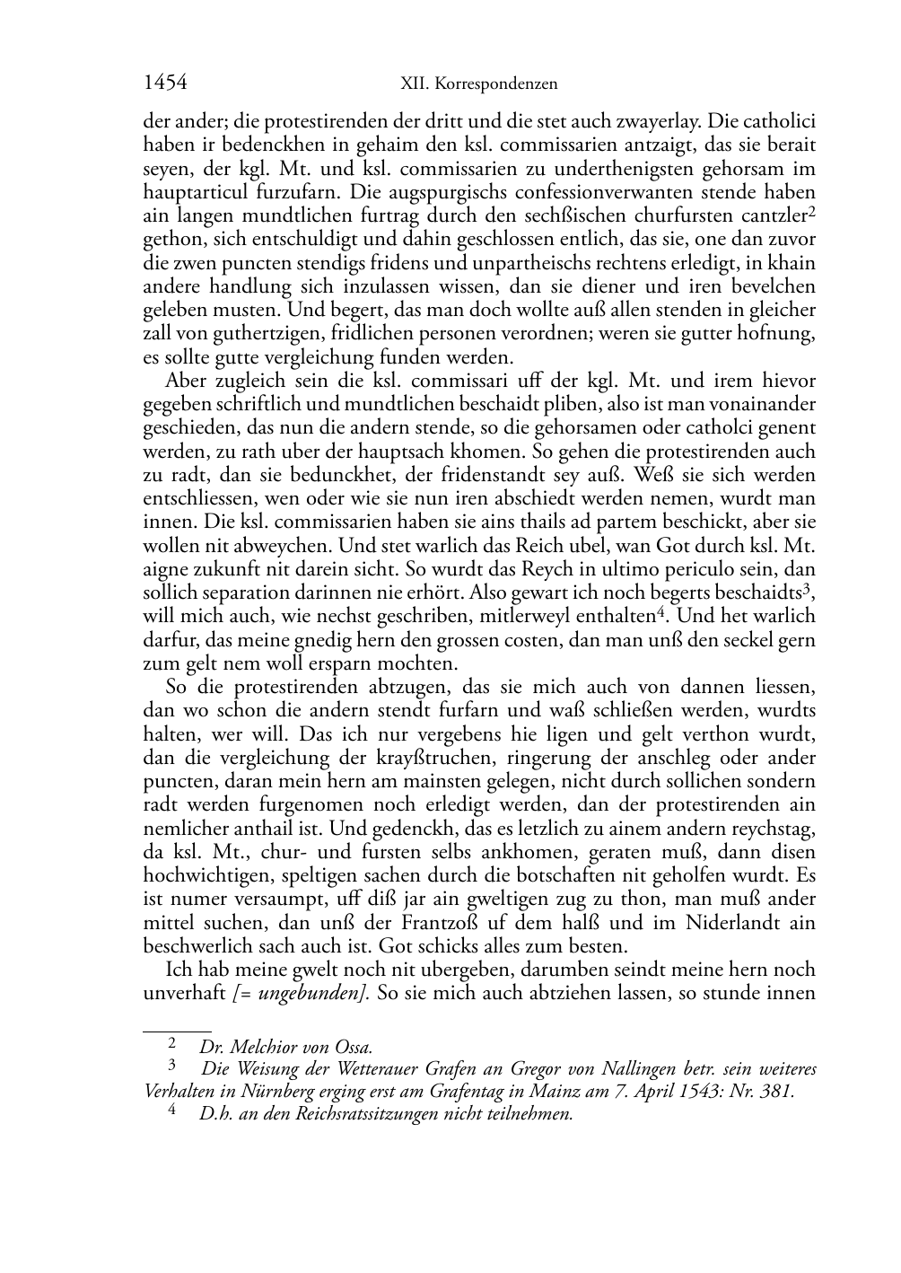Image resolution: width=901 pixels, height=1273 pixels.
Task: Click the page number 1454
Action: tap(165, 83)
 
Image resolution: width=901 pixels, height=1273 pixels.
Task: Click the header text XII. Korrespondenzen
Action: tap(478, 84)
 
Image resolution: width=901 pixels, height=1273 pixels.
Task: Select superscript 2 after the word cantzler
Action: tap(811, 212)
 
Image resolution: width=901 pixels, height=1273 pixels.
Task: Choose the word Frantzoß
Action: tap(455, 922)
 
